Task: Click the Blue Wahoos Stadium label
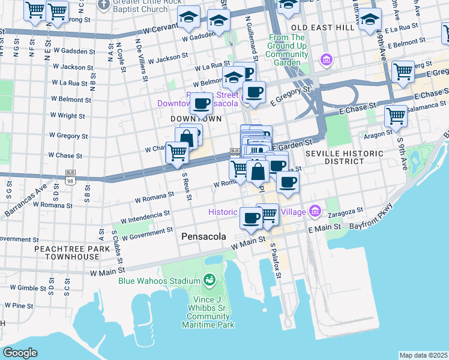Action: pos(159,281)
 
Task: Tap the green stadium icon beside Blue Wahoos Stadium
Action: pos(209,280)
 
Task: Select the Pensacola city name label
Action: pos(203,237)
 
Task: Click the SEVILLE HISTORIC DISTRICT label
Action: pos(344,158)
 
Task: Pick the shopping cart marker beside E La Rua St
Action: pos(403,71)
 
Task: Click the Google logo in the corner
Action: pos(20,353)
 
